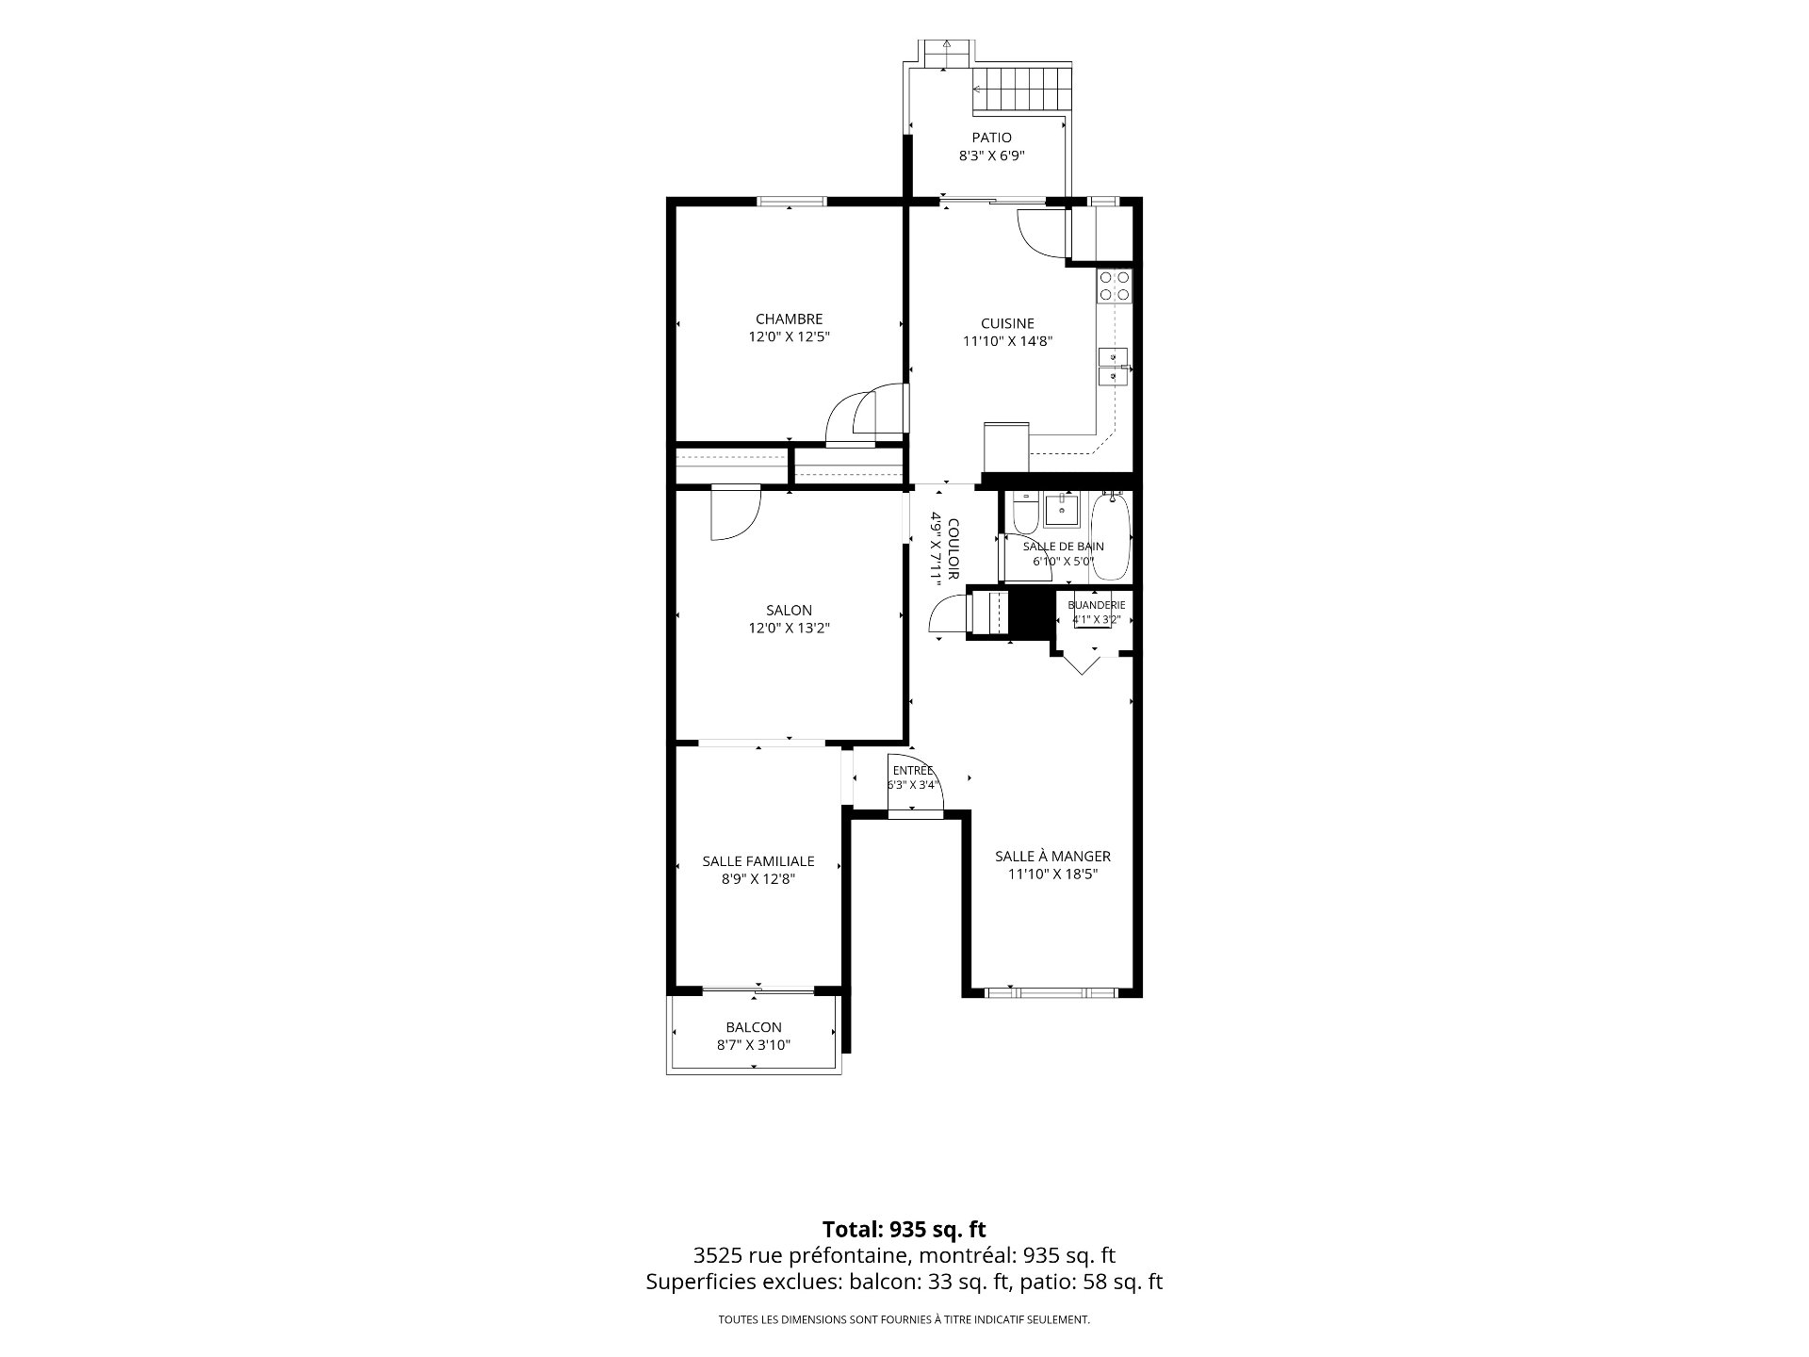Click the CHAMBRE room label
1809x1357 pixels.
(x=789, y=319)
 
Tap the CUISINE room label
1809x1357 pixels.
(x=1007, y=324)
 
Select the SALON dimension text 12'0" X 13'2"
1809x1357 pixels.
(x=789, y=629)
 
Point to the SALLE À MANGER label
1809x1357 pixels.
(x=1052, y=857)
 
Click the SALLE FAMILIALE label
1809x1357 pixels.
(x=758, y=861)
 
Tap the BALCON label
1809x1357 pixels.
(x=754, y=1027)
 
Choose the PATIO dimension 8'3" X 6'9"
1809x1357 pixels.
(x=991, y=156)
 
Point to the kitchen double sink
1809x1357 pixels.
(x=1114, y=367)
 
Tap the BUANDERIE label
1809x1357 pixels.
(x=1097, y=605)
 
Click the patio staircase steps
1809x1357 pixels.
(x=1022, y=90)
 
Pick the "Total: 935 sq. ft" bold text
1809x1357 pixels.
(x=904, y=1229)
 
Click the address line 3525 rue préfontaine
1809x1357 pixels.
(x=904, y=1255)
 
